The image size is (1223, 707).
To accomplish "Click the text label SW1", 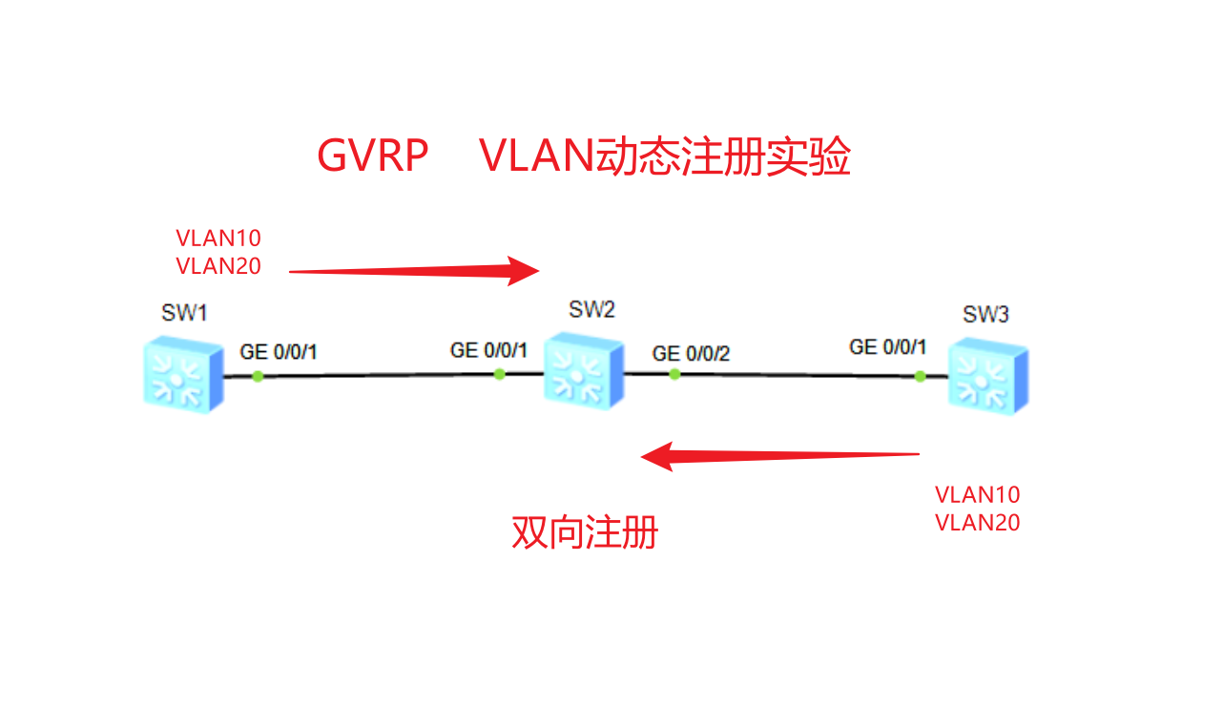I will (184, 314).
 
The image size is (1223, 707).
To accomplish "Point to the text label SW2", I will (591, 309).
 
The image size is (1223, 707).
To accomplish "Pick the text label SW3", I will (985, 315).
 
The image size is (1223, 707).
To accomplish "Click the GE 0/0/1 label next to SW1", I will (279, 352).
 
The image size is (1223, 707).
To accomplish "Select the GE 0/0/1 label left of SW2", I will (488, 350).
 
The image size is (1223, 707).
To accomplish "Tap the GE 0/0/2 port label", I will (691, 354).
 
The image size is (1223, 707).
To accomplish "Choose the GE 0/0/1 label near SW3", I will (887, 347).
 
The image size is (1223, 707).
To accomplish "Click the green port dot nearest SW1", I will (258, 376).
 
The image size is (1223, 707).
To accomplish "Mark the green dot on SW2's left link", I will (499, 374).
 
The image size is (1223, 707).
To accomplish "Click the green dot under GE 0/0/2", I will (674, 374).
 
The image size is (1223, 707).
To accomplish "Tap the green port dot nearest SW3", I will (920, 376).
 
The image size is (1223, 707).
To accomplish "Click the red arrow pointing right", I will (415, 271).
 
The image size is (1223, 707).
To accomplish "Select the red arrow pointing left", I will (779, 456).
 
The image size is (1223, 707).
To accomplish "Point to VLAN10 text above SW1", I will (218, 239).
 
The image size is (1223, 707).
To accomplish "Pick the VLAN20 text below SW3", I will (977, 523).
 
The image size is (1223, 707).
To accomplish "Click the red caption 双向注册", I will (585, 532).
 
